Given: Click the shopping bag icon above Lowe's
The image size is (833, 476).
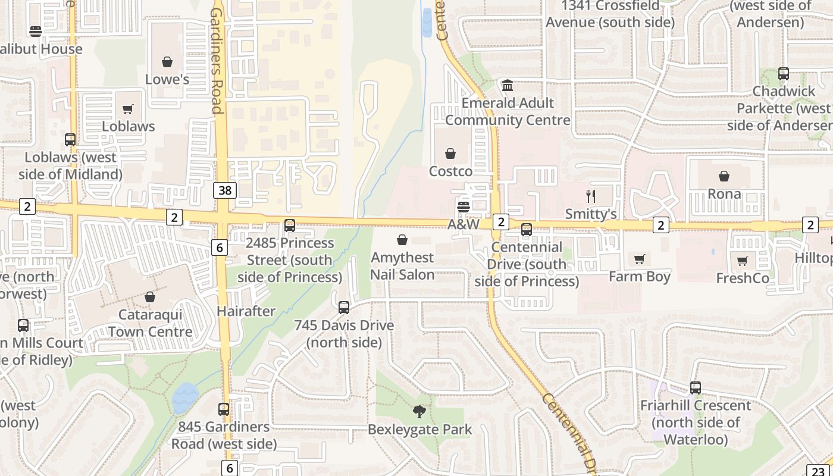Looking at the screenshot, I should tap(167, 62).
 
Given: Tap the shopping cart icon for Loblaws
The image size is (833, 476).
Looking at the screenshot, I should tap(128, 109).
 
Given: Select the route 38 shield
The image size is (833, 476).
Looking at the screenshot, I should tap(226, 190).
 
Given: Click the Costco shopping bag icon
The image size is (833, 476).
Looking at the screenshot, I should tap(451, 154).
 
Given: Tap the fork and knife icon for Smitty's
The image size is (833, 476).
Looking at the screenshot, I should tap(591, 196).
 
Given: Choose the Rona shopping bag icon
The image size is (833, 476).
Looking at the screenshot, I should tap(724, 177).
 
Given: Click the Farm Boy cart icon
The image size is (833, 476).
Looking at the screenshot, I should tap(640, 259).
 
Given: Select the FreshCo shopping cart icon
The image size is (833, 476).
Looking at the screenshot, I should tap(743, 261).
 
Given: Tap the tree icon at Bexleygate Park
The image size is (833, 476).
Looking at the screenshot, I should tap(419, 412).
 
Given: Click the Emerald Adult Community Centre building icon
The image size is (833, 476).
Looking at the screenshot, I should tap(508, 86).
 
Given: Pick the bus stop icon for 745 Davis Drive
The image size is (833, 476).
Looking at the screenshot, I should tap(344, 308).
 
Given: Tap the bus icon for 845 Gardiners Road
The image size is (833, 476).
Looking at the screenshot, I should tap(224, 409).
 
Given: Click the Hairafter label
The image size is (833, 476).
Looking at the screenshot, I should tap(246, 311).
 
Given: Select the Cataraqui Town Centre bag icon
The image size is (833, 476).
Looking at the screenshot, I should tap(150, 297).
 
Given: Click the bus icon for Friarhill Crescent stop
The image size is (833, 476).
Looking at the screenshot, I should tap(696, 388).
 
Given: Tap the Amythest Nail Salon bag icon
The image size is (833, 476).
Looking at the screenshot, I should tap(402, 240).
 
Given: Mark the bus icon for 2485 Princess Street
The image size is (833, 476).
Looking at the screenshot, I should tap(290, 226).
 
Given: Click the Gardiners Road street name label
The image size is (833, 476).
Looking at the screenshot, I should tap(216, 59).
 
